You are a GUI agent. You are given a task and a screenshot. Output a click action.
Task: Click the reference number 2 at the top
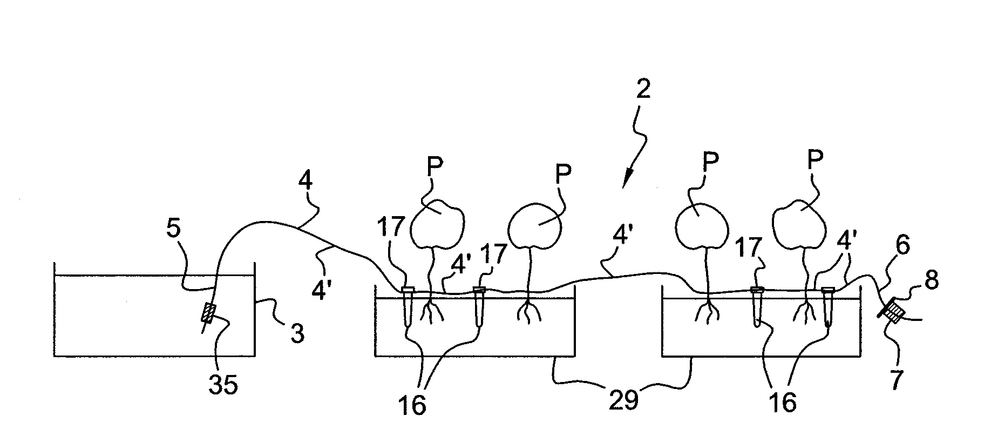coord(643,89)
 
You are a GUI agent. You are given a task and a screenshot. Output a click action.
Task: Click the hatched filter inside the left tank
coord(209,313)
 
